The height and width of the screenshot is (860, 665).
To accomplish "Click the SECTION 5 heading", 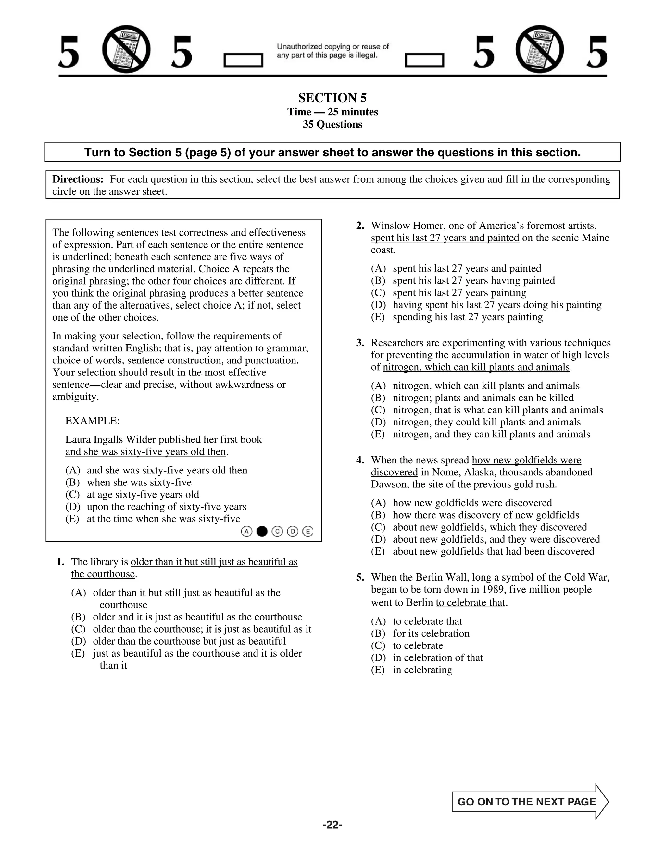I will [x=332, y=98].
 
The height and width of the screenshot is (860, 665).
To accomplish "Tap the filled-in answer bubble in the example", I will [x=262, y=532].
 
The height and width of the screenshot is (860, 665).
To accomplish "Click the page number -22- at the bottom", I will [x=332, y=825].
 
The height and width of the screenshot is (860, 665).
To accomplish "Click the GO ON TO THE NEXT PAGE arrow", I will [x=530, y=802].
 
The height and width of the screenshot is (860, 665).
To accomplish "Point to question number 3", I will [x=360, y=343].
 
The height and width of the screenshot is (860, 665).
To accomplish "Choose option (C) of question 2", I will [x=459, y=293].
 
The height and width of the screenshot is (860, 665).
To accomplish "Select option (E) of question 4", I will [x=493, y=551].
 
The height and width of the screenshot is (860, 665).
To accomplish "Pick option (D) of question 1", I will [x=189, y=641].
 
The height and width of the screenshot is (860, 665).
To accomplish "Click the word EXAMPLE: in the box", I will [x=92, y=421].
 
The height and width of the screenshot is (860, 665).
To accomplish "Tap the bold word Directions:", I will [x=78, y=179].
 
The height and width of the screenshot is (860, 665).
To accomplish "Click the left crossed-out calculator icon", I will [x=126, y=50].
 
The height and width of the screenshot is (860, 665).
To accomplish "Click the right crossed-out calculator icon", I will [x=539, y=50].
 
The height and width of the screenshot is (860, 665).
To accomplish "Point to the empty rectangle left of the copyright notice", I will [x=243, y=60].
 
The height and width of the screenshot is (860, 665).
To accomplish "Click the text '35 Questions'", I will [x=332, y=124].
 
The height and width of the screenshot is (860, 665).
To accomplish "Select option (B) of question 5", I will [x=431, y=633].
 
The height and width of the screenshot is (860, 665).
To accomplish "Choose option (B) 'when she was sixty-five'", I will [x=139, y=482].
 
